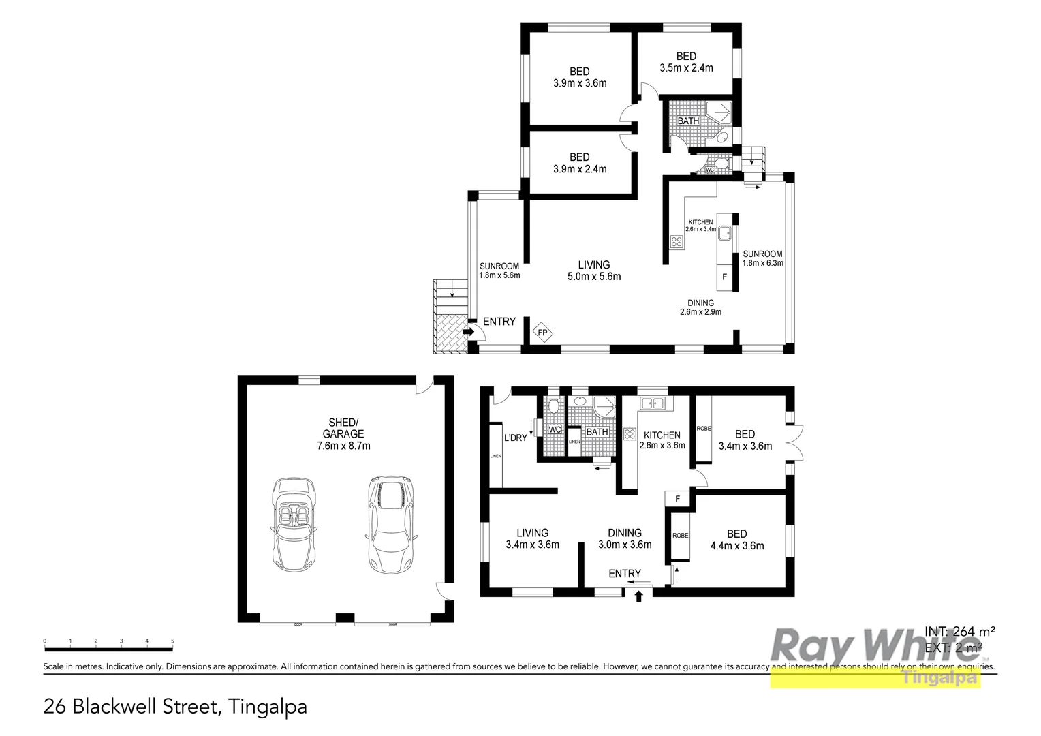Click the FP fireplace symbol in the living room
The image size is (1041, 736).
point(542,333)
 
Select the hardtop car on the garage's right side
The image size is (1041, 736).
point(391,523)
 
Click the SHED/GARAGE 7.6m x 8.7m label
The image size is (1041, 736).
point(344,434)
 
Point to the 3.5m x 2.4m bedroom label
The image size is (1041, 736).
point(686,62)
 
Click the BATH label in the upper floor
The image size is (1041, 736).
point(688,121)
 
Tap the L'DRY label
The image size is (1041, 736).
point(515,438)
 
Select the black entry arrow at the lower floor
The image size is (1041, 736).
point(639,597)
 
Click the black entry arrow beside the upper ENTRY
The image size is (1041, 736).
point(469,332)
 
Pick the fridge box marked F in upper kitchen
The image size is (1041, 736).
point(724,277)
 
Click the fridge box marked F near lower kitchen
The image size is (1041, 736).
point(677,499)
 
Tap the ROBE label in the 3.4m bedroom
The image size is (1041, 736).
point(704,429)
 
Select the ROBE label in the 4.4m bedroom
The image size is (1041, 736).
point(680,536)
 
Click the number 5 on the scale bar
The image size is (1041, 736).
point(172,641)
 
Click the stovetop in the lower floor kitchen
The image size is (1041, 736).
point(629,433)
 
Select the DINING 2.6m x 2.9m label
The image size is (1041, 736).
point(700,307)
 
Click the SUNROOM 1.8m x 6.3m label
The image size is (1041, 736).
point(762,258)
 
